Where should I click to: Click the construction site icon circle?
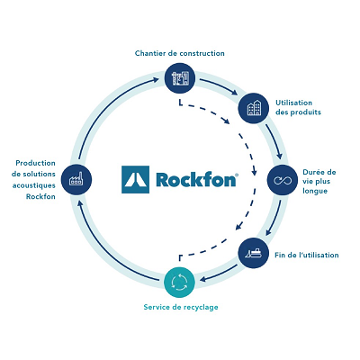tap(180, 78)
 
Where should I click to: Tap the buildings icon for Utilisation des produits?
tap(254, 108)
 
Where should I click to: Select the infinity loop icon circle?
tap(283, 180)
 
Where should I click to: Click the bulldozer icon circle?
tap(254, 253)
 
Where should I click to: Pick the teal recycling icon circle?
tap(179, 283)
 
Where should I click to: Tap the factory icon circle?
tap(76, 180)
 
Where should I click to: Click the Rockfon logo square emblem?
tap(135, 179)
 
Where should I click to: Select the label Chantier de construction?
tap(180, 53)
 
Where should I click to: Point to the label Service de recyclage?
tap(181, 307)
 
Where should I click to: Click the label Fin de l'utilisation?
tap(307, 255)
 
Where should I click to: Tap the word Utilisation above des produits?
tap(294, 103)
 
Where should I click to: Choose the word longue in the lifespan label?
tap(315, 191)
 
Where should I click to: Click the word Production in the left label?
tap(35, 163)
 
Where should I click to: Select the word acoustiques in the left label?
tap(34, 185)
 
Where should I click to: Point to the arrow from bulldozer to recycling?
tap(219, 273)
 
